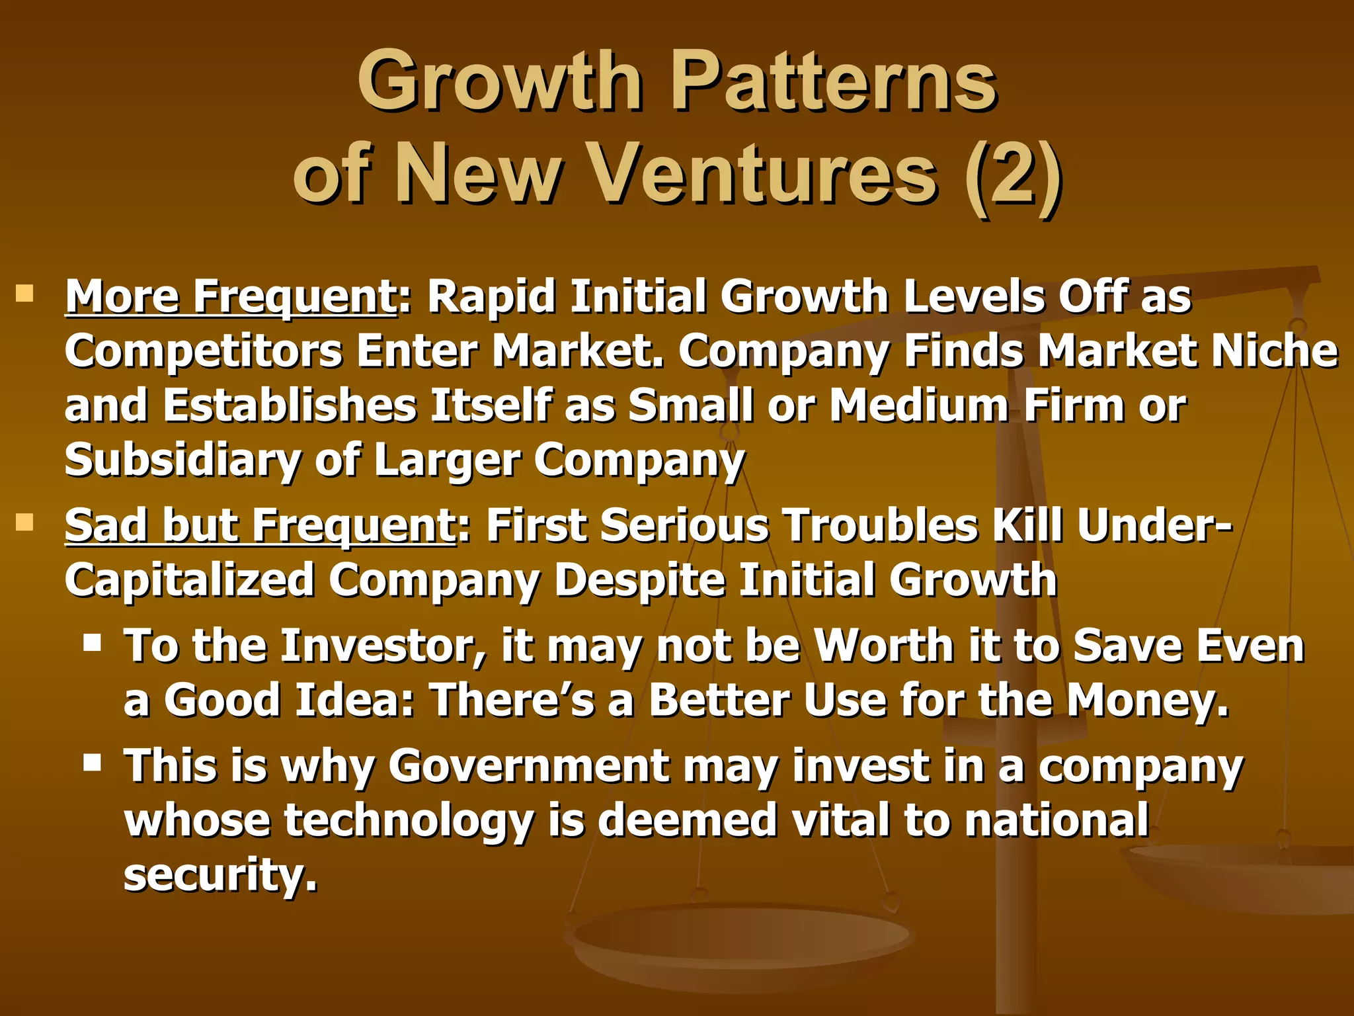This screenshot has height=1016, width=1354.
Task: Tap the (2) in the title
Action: tap(1014, 175)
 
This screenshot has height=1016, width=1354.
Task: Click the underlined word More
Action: tap(122, 296)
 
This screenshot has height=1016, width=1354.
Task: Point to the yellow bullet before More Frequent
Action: tap(24, 293)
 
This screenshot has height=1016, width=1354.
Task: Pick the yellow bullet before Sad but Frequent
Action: tap(24, 523)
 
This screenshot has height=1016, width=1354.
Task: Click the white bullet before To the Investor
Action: tap(93, 642)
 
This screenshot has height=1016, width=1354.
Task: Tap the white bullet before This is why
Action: tap(93, 763)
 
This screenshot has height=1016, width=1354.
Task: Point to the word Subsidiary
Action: tap(182, 461)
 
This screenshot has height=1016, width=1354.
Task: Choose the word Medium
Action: tap(919, 405)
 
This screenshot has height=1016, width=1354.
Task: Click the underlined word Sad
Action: tap(106, 526)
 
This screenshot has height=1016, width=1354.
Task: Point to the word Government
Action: tap(529, 766)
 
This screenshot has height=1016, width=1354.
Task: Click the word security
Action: tap(220, 874)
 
